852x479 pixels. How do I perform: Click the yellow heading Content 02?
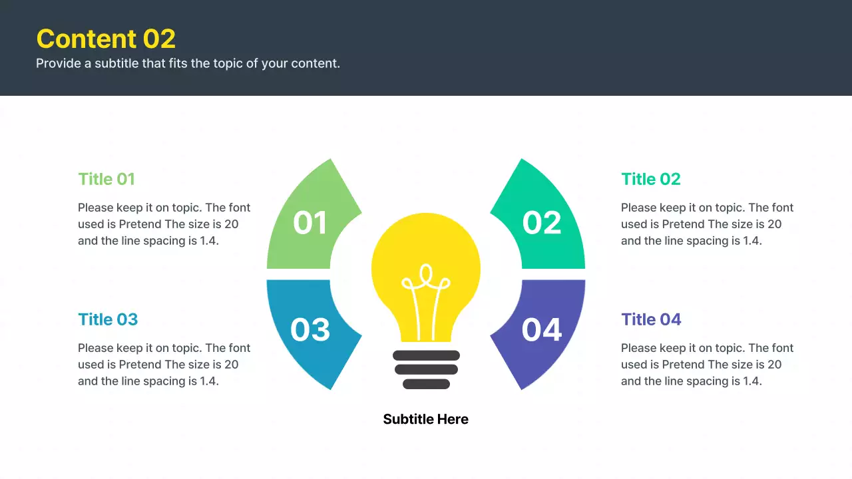(106, 39)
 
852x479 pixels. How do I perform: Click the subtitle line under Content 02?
(188, 64)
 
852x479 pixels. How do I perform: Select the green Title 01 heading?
(106, 179)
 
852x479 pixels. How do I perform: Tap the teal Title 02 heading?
(650, 179)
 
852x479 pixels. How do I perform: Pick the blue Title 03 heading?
(108, 319)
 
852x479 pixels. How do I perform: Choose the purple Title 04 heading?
(651, 319)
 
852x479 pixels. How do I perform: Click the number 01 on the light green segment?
(310, 223)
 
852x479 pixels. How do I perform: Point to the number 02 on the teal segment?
(541, 223)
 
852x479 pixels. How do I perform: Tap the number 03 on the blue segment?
(310, 330)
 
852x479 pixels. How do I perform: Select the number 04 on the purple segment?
(541, 330)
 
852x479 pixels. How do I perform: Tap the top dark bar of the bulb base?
(426, 355)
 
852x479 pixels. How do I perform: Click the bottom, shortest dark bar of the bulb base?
(426, 384)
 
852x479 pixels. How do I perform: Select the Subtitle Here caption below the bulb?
(426, 419)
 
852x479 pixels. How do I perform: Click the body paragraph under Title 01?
(164, 224)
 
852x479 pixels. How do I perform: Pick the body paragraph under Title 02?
(707, 224)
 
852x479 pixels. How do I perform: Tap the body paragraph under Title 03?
(164, 365)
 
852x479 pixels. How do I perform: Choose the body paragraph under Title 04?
(707, 365)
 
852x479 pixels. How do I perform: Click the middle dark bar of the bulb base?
(426, 369)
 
